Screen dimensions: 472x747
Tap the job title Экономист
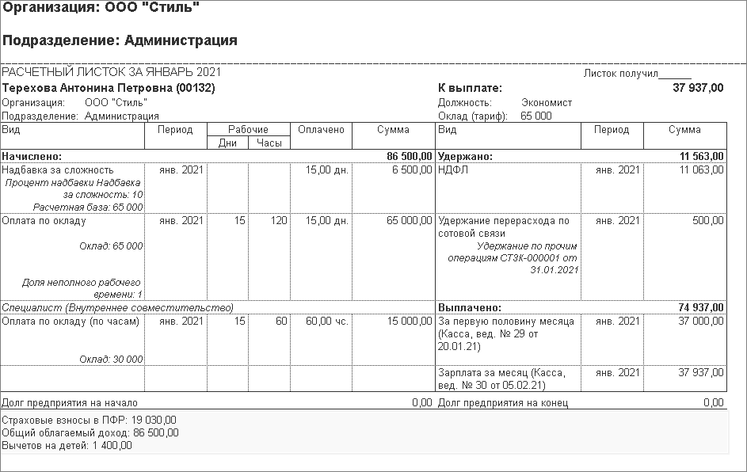(x=547, y=102)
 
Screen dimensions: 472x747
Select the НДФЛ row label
(x=451, y=169)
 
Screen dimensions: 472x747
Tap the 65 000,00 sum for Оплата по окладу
(x=407, y=220)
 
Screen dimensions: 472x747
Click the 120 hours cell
(x=278, y=220)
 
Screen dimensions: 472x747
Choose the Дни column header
(x=227, y=143)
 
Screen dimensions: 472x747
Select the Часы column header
(x=269, y=143)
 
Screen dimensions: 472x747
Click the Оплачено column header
(x=321, y=130)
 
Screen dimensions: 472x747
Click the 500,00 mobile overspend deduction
(x=707, y=220)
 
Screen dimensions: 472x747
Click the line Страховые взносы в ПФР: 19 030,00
(x=90, y=420)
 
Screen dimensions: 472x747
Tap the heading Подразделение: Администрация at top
(x=120, y=40)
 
